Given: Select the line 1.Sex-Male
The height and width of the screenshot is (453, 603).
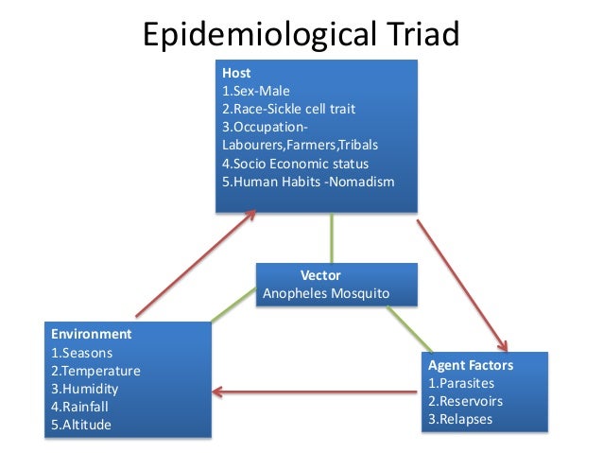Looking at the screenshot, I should pyautogui.click(x=256, y=91).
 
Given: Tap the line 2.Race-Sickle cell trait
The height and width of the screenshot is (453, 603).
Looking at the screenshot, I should pyautogui.click(x=287, y=109).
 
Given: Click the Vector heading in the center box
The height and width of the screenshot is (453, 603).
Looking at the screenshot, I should pyautogui.click(x=320, y=275).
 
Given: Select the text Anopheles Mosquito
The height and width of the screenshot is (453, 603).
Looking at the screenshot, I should pyautogui.click(x=336, y=293).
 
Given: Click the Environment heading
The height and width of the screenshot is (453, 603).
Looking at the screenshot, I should pyautogui.click(x=91, y=335).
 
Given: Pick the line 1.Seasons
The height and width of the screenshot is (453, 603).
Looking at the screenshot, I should pyautogui.click(x=81, y=353).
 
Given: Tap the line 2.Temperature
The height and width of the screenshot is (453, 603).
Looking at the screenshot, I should pyautogui.click(x=95, y=371).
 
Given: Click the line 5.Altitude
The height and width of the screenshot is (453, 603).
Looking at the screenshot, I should pyautogui.click(x=80, y=425).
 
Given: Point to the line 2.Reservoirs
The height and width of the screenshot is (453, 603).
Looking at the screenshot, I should pyautogui.click(x=465, y=401).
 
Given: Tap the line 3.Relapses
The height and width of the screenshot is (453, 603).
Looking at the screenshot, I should pyautogui.click(x=460, y=419).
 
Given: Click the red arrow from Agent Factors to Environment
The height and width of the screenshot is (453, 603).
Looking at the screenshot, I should pyautogui.click(x=317, y=391).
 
